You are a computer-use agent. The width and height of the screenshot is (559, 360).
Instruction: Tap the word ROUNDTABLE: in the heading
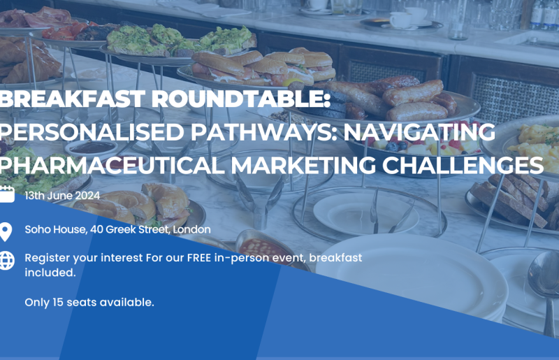(241, 99)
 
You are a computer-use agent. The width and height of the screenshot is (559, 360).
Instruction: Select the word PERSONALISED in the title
(92, 132)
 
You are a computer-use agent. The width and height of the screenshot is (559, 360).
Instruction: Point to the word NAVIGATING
(419, 132)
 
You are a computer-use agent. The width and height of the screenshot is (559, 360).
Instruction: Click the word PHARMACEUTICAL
(112, 165)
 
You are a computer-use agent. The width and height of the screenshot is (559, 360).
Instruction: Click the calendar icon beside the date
(7, 194)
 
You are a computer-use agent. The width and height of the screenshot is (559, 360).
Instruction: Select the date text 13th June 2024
(62, 196)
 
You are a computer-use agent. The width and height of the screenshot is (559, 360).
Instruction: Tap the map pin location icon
(6, 231)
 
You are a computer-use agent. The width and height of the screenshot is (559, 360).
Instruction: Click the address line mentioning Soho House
(117, 229)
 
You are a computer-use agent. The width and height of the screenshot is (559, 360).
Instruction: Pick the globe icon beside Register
(7, 261)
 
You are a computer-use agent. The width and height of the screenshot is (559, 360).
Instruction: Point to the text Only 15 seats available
(89, 302)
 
